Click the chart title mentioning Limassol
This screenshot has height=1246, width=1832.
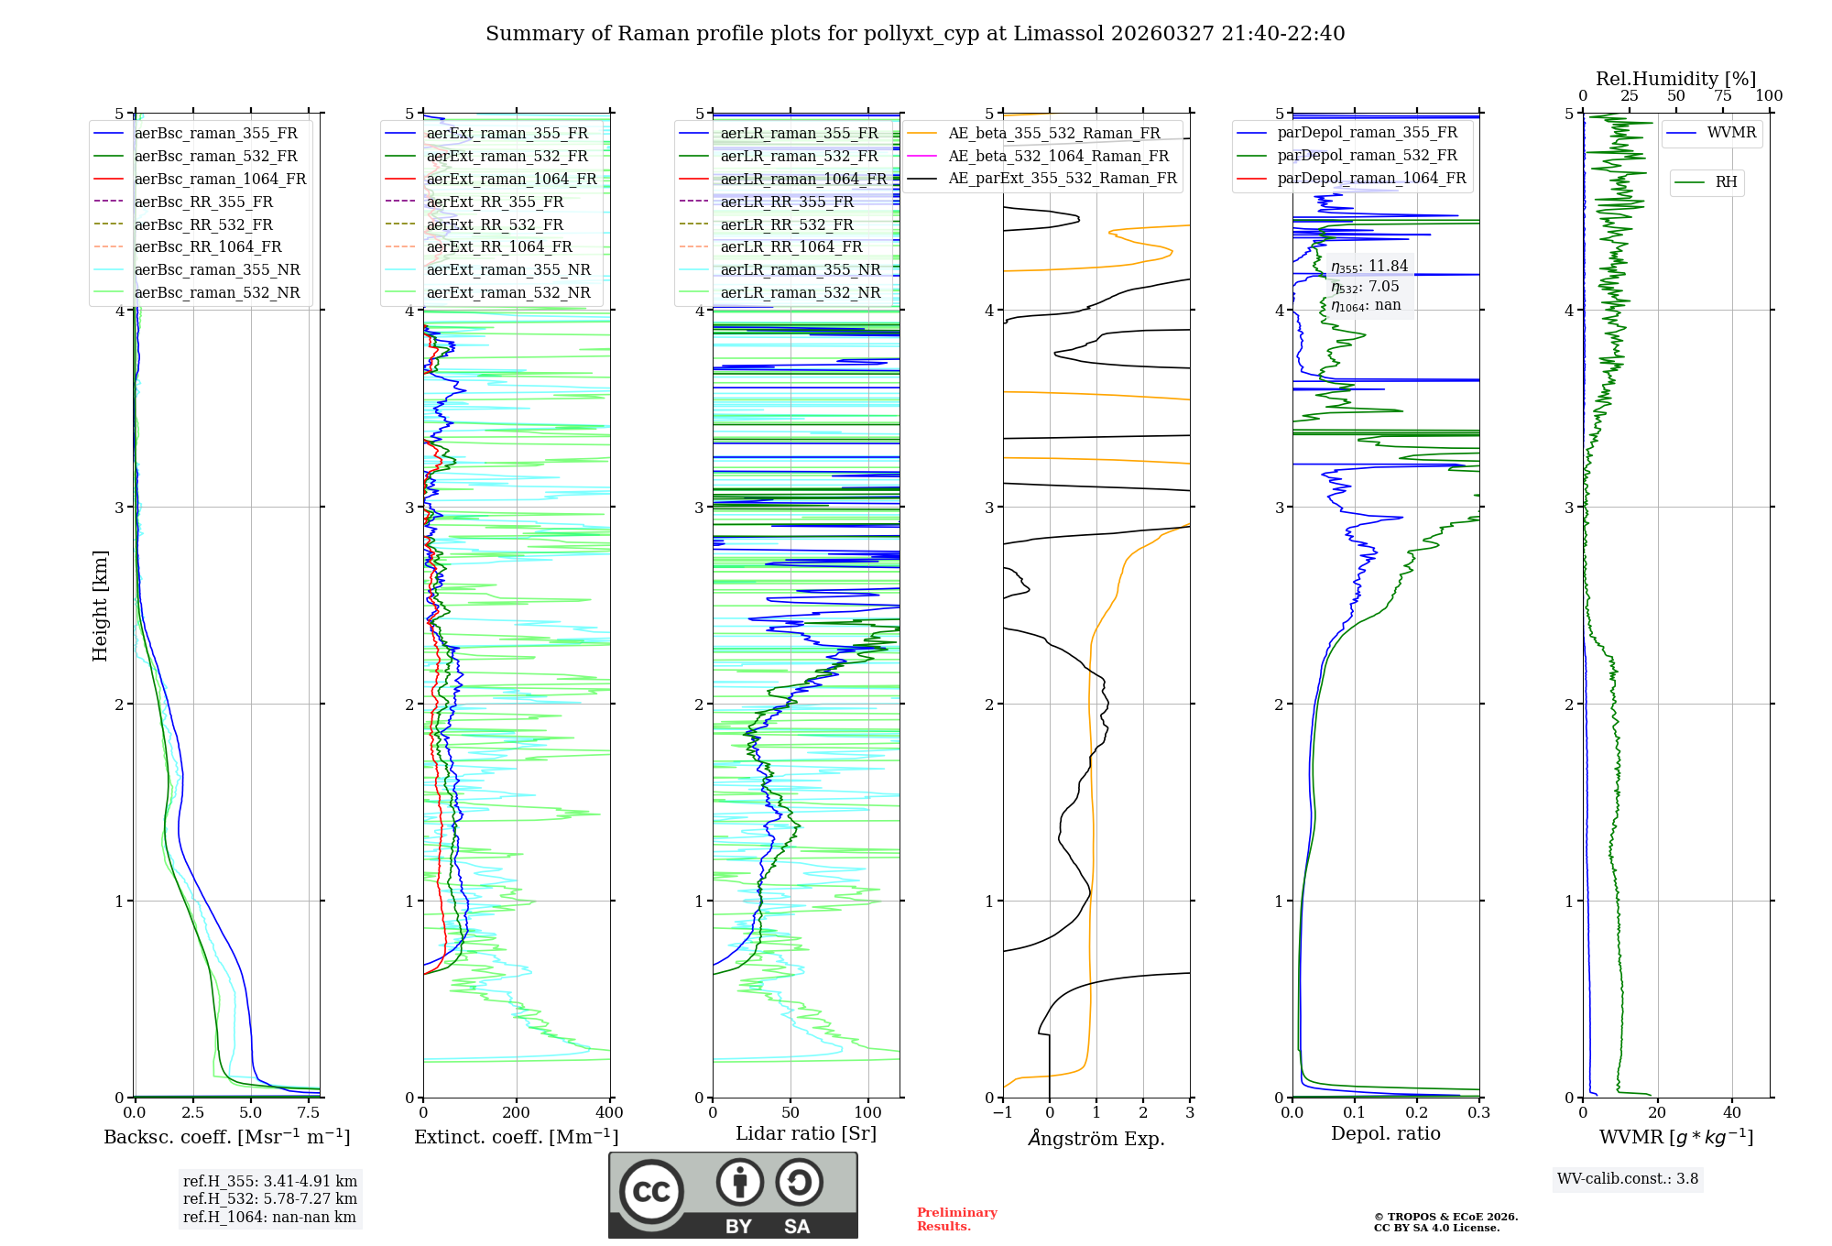(915, 34)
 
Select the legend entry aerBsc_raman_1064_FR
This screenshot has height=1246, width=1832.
(220, 179)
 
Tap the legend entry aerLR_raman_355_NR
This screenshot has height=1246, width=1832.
(800, 269)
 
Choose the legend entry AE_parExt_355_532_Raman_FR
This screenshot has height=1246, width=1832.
(1062, 178)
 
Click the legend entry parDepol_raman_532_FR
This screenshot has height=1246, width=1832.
(1367, 155)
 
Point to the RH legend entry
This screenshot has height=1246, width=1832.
(1726, 182)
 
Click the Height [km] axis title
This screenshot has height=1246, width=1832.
(100, 606)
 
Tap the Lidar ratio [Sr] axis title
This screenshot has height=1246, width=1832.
(806, 1133)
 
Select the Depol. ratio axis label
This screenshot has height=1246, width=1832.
(1385, 1133)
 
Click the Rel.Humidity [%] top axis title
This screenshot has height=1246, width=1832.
(1675, 79)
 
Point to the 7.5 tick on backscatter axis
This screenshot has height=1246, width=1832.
(309, 1113)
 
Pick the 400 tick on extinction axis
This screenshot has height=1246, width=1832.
(610, 1113)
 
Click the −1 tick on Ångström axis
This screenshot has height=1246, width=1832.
(1003, 1113)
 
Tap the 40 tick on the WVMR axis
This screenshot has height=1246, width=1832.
(1732, 1113)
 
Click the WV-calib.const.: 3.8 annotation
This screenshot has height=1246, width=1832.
(1628, 1179)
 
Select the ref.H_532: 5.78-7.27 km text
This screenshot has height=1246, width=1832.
(270, 1198)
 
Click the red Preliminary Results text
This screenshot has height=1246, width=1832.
(956, 1219)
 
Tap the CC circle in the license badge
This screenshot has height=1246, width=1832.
(651, 1192)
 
